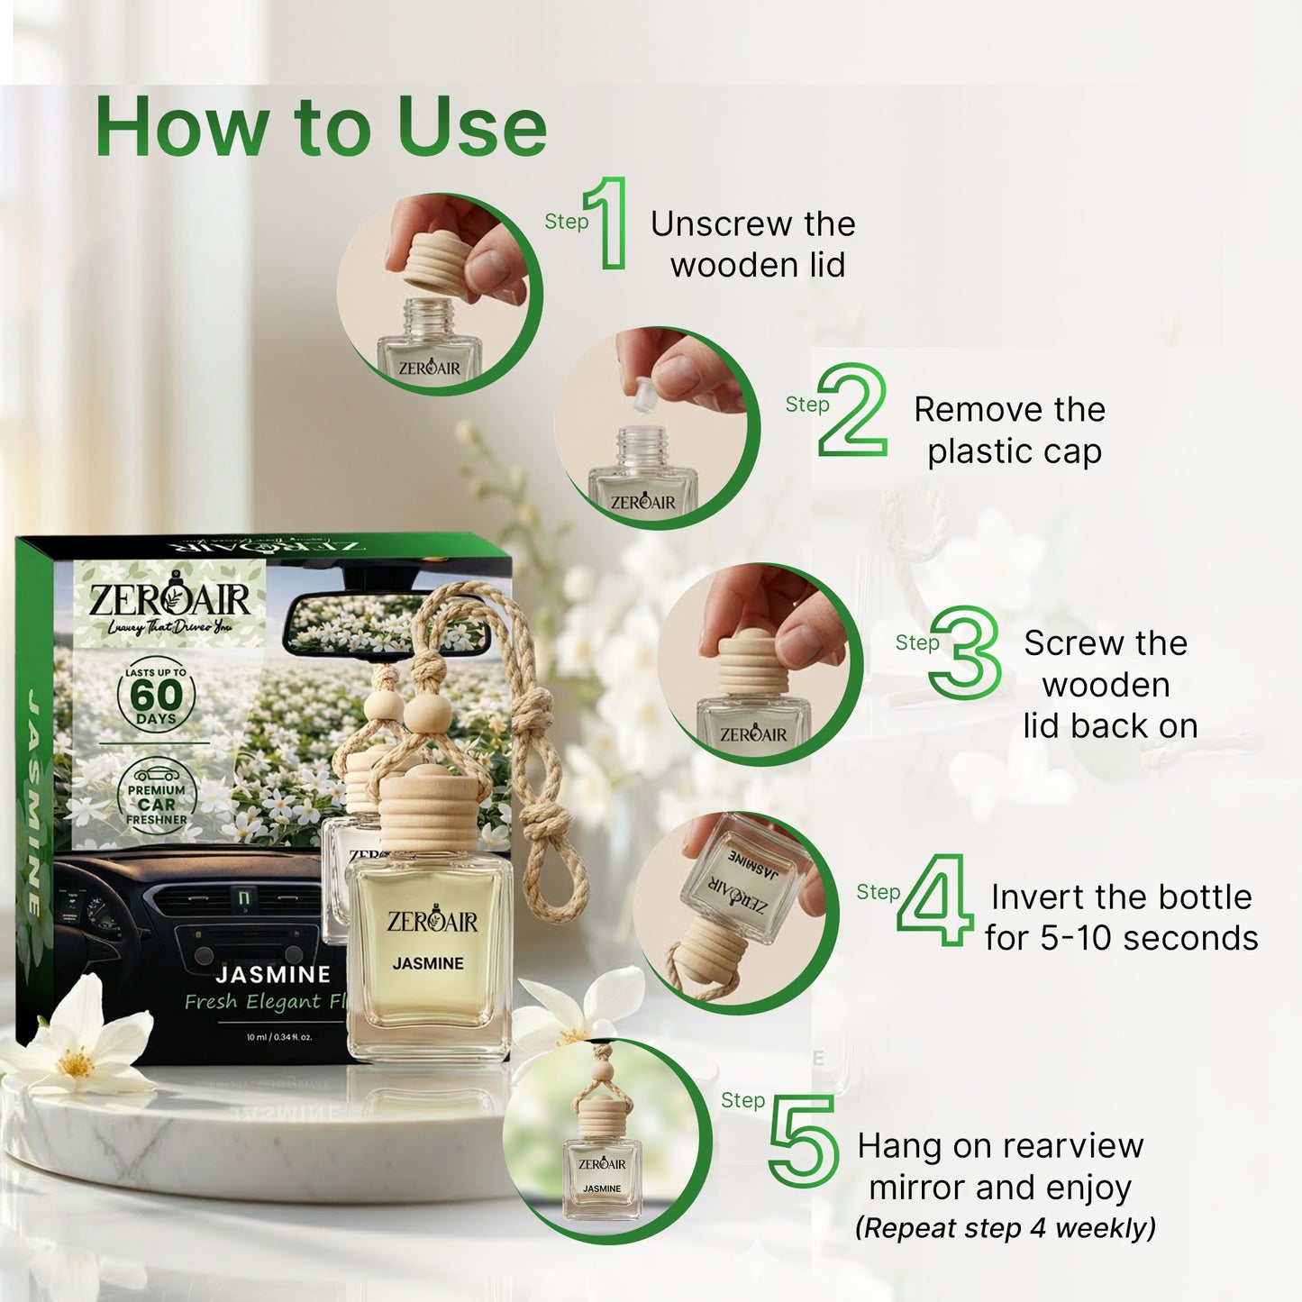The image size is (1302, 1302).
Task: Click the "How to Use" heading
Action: click(321, 127)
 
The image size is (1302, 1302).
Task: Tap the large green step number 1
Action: click(609, 223)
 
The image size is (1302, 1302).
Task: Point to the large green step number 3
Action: click(966, 653)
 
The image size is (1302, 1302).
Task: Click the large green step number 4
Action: click(936, 900)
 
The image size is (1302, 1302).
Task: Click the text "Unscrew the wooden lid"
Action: click(754, 244)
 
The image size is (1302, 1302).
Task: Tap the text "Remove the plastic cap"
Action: click(1011, 430)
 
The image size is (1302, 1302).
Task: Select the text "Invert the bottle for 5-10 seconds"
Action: click(1121, 917)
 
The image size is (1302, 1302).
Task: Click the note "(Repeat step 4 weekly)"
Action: click(1005, 1228)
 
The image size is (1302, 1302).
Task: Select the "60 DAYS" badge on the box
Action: click(156, 696)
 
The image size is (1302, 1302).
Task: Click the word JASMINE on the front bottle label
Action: click(428, 963)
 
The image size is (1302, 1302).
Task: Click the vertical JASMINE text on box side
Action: click(34, 802)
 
